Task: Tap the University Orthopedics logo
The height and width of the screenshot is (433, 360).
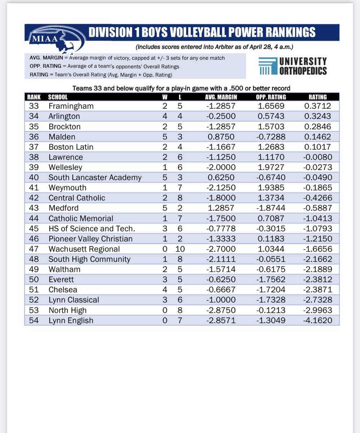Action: coord(293,66)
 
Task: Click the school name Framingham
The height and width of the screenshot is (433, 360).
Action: coord(71,106)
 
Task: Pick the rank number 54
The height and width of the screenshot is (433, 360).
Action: coord(36,320)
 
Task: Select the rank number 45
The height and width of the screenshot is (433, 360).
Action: coord(36,229)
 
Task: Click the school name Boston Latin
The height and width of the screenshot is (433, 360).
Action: coord(71,147)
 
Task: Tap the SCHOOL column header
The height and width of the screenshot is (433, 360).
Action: coord(57,97)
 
